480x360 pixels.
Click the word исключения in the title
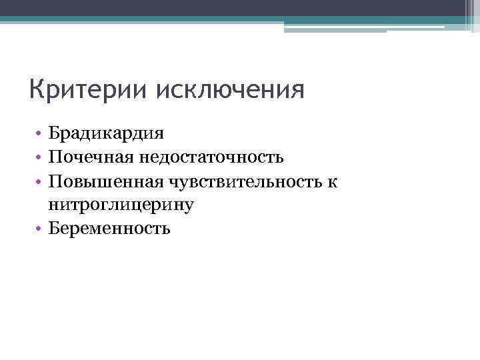tap(229, 89)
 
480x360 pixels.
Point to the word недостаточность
tap(211, 157)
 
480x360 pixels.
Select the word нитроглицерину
tap(121, 205)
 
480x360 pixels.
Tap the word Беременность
tap(110, 229)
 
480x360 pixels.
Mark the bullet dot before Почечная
tap(41, 157)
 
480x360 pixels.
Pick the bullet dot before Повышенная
tap(41, 182)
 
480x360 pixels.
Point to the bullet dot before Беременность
tap(41, 229)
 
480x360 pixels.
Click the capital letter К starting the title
tap(38, 89)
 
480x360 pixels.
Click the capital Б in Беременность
tap(54, 229)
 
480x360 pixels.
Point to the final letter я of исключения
tap(297, 91)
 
